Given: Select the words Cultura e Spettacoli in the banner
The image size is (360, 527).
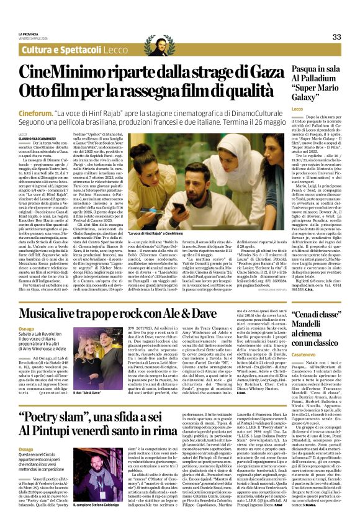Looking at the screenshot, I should (60, 50).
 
